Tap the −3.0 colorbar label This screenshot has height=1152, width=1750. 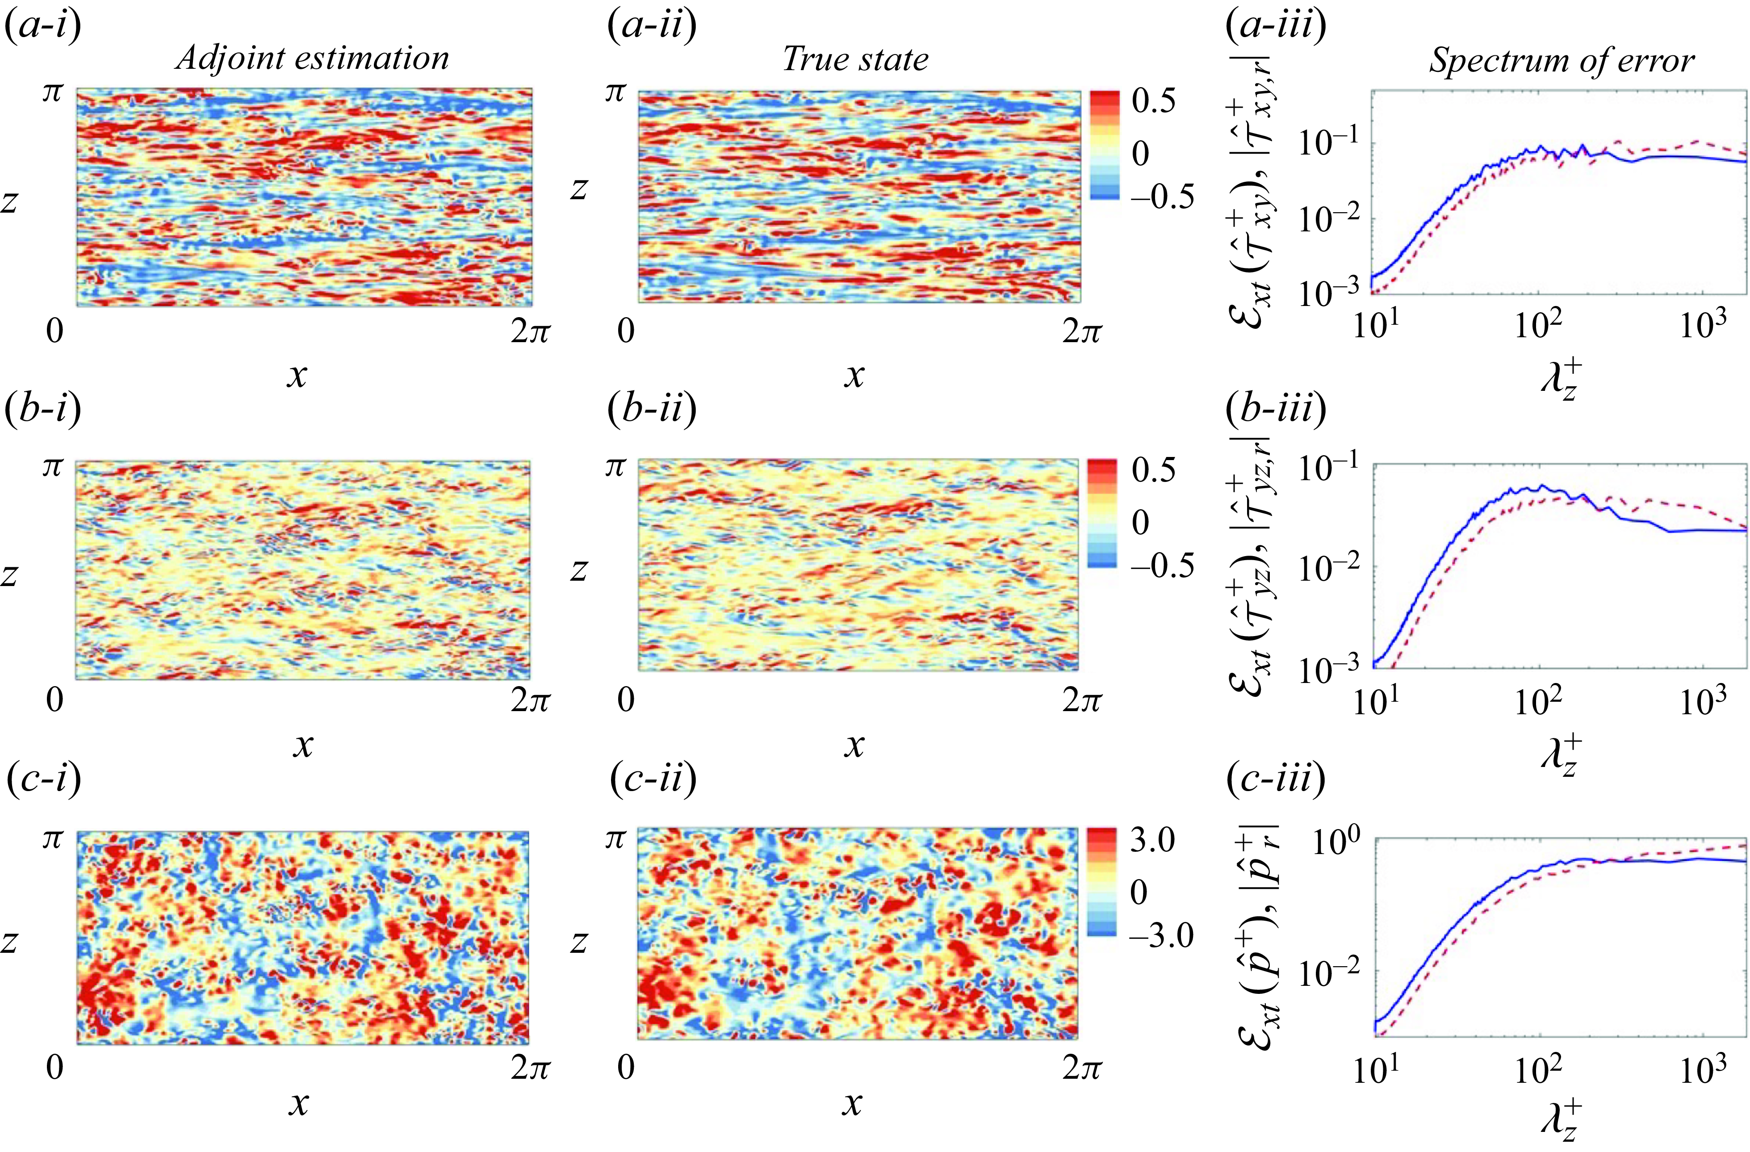[1161, 936]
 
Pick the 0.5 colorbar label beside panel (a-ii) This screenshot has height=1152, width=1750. [1153, 101]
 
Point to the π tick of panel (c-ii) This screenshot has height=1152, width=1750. [614, 839]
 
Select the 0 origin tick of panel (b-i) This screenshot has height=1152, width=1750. [54, 699]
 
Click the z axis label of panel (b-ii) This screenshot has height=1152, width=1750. [579, 570]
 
